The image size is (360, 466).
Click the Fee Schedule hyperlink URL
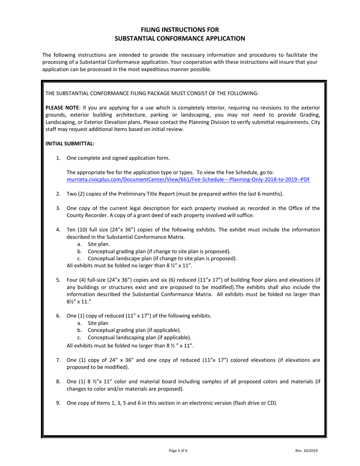[x=188, y=180]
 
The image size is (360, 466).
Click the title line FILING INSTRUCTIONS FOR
[x=180, y=30]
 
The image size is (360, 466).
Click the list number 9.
[x=58, y=403]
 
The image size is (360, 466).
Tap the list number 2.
[x=58, y=194]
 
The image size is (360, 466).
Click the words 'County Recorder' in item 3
[x=85, y=215]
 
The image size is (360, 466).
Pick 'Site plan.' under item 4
[x=99, y=244]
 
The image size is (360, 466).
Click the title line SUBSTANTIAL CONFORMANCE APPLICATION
[x=180, y=38]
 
